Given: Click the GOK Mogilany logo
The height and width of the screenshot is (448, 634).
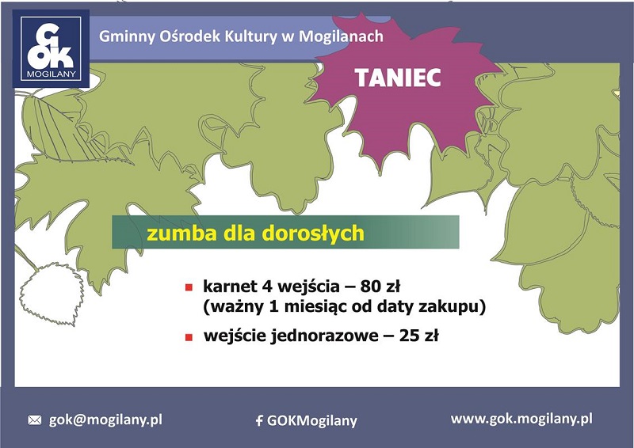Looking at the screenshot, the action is tap(51, 48).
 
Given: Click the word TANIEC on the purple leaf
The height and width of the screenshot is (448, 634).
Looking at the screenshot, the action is tap(399, 78).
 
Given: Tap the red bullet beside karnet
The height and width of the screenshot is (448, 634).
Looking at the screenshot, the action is tap(189, 287).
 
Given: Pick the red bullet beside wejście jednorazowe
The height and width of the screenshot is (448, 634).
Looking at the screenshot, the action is tap(189, 337).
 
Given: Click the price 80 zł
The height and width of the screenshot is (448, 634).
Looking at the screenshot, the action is tap(380, 287).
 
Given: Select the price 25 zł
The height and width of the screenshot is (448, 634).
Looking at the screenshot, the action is tap(419, 336).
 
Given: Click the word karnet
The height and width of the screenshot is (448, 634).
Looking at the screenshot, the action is tap(230, 287).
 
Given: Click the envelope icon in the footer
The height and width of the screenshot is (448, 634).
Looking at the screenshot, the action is tap(35, 420).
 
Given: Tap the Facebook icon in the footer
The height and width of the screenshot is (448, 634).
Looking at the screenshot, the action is tap(259, 421).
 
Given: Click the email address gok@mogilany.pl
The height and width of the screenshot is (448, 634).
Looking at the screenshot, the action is tap(105, 420).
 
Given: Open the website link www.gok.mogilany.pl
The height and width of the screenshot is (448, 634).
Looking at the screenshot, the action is tap(521, 419).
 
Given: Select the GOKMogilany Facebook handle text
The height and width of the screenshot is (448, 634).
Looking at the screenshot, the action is tap(312, 421).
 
